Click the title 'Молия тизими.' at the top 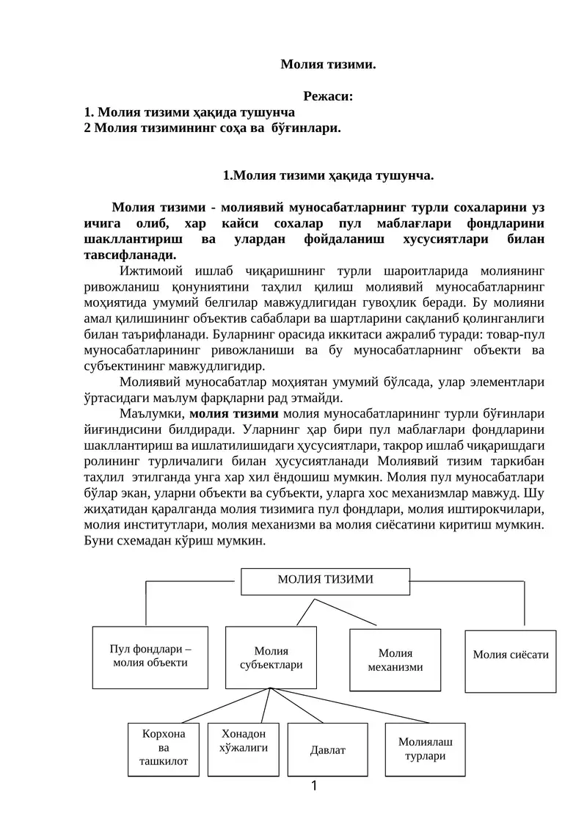click(x=328, y=65)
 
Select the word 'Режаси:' click(x=328, y=96)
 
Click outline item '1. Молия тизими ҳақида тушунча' click(x=190, y=112)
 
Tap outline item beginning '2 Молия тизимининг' click(x=213, y=128)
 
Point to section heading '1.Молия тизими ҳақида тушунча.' click(x=328, y=175)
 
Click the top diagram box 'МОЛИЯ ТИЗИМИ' click(x=325, y=580)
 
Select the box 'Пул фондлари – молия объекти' click(x=150, y=656)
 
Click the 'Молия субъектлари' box click(x=271, y=658)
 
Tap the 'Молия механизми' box click(x=395, y=660)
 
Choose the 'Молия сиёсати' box click(x=511, y=655)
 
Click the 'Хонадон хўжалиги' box click(x=244, y=741)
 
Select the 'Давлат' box click(x=327, y=750)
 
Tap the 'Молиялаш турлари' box click(x=426, y=749)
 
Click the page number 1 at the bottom click(x=314, y=787)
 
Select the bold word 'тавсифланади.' click(x=130, y=255)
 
